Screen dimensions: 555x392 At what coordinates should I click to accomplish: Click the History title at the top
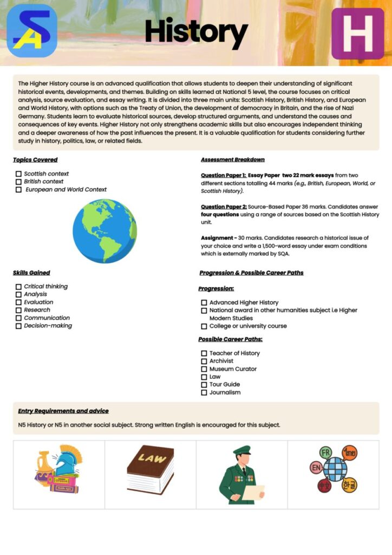[196, 32]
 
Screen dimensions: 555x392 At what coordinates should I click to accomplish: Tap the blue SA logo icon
[32, 31]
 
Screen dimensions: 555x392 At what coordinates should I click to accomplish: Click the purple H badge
[357, 34]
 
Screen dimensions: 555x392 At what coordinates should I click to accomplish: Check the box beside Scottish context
[18, 174]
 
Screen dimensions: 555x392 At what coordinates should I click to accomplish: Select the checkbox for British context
[18, 182]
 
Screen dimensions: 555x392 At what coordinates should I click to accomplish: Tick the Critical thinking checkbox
[18, 287]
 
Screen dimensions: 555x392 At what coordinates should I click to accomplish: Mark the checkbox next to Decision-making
[18, 326]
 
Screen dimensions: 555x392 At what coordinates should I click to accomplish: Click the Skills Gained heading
[31, 273]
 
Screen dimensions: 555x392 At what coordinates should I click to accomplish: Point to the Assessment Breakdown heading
[232, 160]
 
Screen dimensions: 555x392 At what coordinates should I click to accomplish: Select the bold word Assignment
[218, 238]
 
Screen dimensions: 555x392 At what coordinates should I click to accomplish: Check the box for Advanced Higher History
[204, 302]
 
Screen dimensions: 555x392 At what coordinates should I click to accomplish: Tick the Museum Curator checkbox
[204, 369]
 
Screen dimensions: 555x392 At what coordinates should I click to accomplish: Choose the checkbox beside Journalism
[204, 392]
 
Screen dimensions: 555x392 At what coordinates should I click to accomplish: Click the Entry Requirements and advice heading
[63, 411]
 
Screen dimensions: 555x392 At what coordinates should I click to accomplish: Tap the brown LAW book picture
[151, 469]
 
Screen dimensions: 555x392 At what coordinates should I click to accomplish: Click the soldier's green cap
[241, 450]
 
